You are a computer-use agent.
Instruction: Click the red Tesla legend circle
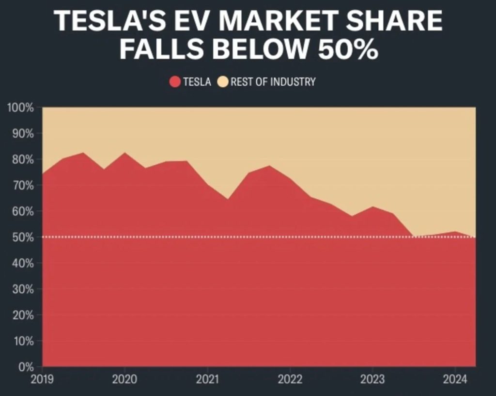click(x=175, y=81)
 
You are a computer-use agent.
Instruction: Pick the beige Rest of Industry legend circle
click(x=223, y=81)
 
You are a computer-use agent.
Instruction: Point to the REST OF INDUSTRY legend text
click(x=273, y=81)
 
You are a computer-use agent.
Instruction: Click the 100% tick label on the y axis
click(x=20, y=108)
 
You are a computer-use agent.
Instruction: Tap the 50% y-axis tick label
click(x=23, y=238)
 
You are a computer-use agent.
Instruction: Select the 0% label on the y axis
click(x=26, y=367)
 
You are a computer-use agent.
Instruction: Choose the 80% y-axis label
click(x=23, y=159)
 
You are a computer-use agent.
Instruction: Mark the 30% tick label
click(x=23, y=289)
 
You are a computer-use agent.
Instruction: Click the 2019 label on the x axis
click(x=43, y=379)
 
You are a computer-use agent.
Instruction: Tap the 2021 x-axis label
click(x=207, y=379)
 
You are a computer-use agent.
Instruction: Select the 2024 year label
click(x=455, y=379)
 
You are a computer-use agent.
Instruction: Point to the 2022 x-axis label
click(x=290, y=379)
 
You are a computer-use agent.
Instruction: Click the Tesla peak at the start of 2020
click(x=125, y=153)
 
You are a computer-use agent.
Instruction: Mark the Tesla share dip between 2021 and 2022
click(x=228, y=199)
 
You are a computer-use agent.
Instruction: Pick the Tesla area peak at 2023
click(x=372, y=206)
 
